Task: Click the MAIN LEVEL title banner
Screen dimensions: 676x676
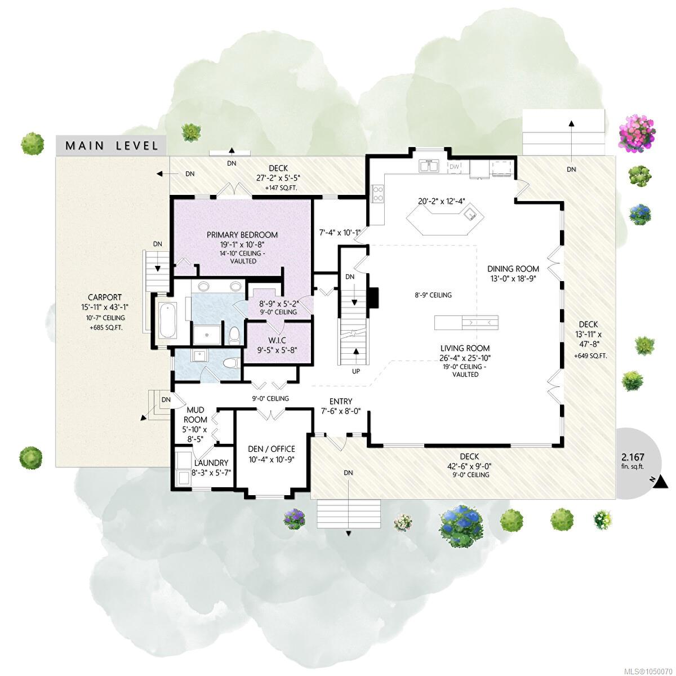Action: click(x=111, y=145)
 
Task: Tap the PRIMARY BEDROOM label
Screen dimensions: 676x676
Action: click(x=242, y=235)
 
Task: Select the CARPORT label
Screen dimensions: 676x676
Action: click(x=105, y=297)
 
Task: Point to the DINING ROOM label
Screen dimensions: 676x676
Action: click(x=513, y=269)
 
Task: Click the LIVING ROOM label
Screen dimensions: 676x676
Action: click(x=465, y=348)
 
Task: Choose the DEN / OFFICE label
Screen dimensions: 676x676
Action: click(x=271, y=449)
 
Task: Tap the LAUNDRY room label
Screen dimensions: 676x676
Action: click(x=211, y=462)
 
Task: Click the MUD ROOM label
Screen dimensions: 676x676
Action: click(x=195, y=415)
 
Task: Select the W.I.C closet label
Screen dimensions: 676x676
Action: click(x=277, y=340)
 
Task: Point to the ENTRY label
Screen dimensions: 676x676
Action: click(x=341, y=401)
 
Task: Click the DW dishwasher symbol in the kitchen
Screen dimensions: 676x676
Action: click(x=454, y=167)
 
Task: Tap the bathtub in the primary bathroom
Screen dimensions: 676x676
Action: click(x=167, y=321)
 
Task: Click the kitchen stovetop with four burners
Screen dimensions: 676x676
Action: click(x=378, y=194)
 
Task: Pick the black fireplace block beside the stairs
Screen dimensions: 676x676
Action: click(x=374, y=297)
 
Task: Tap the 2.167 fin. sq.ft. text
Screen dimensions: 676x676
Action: click(x=633, y=461)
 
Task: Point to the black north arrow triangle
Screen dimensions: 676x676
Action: click(x=662, y=482)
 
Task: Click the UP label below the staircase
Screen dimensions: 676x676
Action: click(x=355, y=371)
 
